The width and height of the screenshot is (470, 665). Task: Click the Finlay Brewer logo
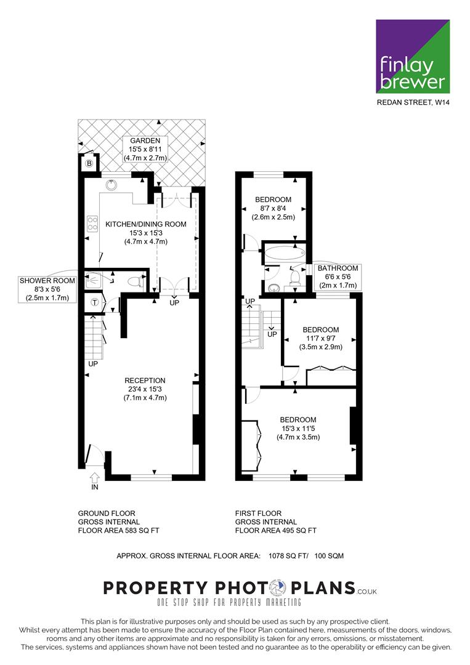(413, 56)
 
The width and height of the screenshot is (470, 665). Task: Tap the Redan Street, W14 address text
(413, 102)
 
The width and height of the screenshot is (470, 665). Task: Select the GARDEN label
(145, 149)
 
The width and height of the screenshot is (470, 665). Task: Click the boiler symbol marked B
(89, 163)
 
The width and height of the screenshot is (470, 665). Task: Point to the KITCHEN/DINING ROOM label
(146, 233)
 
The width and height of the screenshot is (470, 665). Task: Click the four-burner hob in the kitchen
(92, 224)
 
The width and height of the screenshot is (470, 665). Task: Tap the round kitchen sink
(111, 185)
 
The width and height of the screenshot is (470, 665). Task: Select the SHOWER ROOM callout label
(47, 289)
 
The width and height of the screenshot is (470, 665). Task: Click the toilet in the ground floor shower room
(136, 281)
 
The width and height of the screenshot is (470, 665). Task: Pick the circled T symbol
(95, 302)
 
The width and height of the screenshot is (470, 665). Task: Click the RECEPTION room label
(145, 389)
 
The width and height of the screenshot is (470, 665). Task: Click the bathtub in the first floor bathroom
(285, 253)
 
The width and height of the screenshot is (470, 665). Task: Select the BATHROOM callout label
(338, 276)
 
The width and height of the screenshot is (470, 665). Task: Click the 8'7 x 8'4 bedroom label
(273, 208)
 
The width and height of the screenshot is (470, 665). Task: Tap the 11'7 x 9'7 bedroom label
(321, 338)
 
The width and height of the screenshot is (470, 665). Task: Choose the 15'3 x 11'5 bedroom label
(298, 429)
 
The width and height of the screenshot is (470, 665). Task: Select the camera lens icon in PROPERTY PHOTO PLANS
(279, 588)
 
